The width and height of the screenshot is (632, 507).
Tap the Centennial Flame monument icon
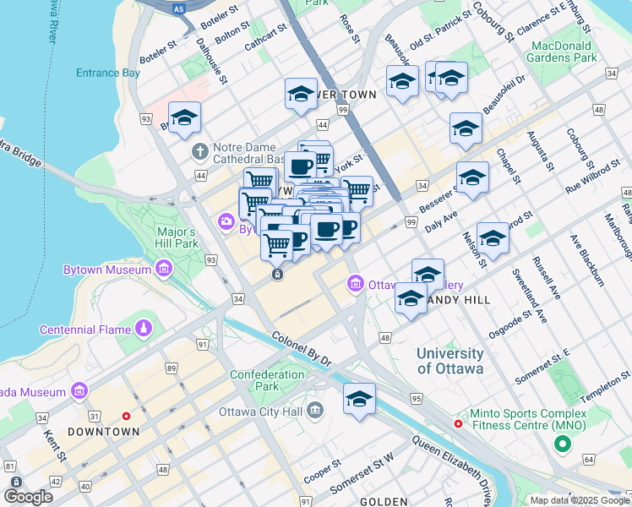tap(145, 327)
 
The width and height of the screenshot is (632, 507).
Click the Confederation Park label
tap(267, 380)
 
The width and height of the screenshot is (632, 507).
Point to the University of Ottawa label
tap(450, 361)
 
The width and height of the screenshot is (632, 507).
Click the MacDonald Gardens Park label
tap(561, 52)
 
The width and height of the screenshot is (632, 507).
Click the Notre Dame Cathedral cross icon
tap(200, 152)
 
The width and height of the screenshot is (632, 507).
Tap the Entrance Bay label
tap(107, 74)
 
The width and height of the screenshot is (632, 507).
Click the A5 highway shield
tap(178, 8)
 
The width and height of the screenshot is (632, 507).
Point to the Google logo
tap(28, 497)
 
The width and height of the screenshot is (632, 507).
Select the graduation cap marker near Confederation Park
tap(359, 399)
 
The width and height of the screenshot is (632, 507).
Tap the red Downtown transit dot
tap(127, 416)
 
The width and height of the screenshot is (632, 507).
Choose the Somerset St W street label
tap(362, 474)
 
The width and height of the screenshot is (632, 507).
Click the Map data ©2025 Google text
tap(580, 500)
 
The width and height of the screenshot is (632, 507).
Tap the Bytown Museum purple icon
tap(163, 270)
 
